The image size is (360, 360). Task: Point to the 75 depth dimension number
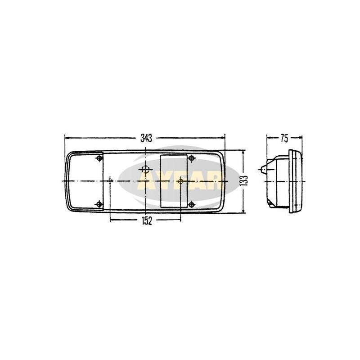point(284,138)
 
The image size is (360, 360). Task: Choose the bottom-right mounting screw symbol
point(192,204)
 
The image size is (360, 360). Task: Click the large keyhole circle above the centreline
point(145,170)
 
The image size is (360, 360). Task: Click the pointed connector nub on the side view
point(261,170)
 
